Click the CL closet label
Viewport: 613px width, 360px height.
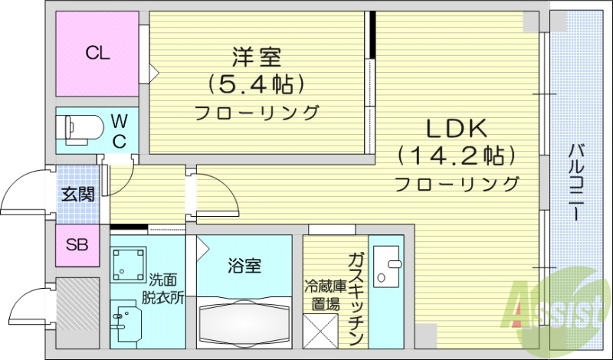[97, 53]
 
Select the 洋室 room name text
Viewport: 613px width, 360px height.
[257, 56]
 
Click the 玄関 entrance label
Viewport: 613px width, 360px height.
[79, 194]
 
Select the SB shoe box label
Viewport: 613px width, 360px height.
[77, 245]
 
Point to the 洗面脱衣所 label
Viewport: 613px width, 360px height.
[162, 290]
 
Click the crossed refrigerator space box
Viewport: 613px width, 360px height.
[320, 330]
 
